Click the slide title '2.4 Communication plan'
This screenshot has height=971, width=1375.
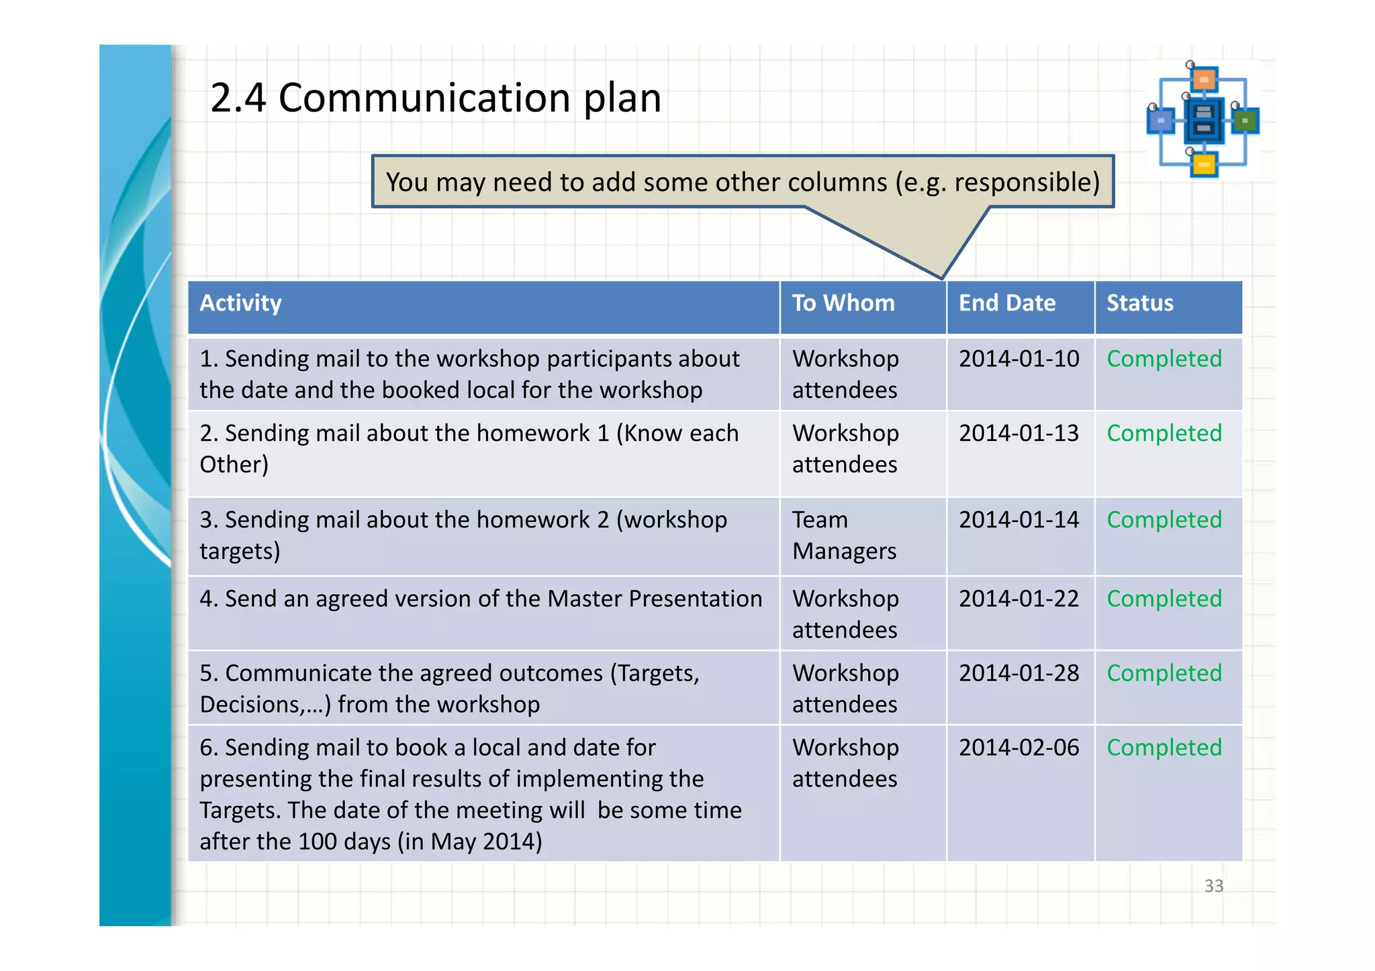(x=436, y=98)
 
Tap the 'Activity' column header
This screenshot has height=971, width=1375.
(x=240, y=303)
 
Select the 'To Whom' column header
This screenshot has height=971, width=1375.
(x=843, y=303)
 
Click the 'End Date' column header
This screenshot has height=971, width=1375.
(x=1006, y=303)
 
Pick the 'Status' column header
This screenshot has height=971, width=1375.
(x=1139, y=303)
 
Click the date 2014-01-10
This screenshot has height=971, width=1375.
(x=1018, y=359)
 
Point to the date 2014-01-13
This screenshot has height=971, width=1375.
(x=1018, y=433)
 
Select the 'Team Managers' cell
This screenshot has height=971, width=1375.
(x=843, y=535)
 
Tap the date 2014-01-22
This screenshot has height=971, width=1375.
(x=1018, y=599)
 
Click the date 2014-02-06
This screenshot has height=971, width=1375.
(x=1018, y=748)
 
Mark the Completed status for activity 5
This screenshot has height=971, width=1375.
(x=1164, y=673)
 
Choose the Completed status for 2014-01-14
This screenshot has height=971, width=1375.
(x=1164, y=520)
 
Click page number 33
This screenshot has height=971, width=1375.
(x=1213, y=886)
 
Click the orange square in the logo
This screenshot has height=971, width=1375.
(x=1204, y=80)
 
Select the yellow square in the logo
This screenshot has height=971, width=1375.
(x=1204, y=164)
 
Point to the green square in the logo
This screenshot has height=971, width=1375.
(x=1245, y=121)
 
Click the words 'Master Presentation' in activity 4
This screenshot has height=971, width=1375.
(x=655, y=599)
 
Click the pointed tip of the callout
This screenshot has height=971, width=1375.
(x=941, y=277)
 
